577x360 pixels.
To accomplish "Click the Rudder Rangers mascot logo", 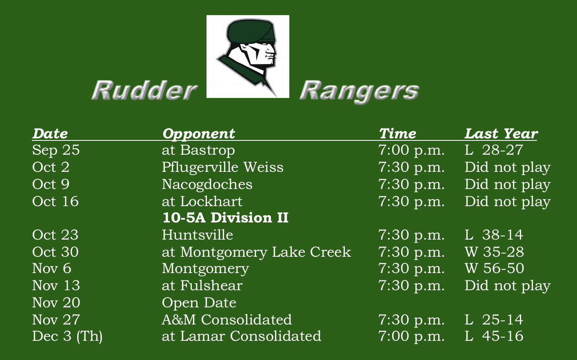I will [x=248, y=56].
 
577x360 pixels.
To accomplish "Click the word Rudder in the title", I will [x=144, y=90].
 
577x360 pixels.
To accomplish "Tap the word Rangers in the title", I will [x=359, y=91].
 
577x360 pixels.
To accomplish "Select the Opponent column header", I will [x=198, y=133].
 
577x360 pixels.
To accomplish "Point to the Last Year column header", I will [x=501, y=133].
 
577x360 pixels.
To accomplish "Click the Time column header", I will [x=397, y=133].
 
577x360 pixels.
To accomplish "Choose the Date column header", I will [x=50, y=133].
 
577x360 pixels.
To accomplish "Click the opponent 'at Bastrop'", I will [x=198, y=150].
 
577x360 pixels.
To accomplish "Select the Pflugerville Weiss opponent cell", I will [x=222, y=167].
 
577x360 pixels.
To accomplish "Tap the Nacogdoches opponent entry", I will [x=207, y=184].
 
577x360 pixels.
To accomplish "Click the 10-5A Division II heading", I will [x=225, y=218].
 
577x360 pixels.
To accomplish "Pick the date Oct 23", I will [x=55, y=235].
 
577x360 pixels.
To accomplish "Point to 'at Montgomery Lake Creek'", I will [x=256, y=252].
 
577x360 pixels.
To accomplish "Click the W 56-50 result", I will [x=494, y=269].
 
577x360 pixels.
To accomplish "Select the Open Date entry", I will [x=199, y=303].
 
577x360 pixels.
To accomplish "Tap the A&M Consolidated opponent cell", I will [x=227, y=320].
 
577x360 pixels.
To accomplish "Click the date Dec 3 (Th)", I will [x=67, y=336].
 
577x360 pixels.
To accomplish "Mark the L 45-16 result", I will [x=494, y=336].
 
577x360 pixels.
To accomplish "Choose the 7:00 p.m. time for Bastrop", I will [x=411, y=150].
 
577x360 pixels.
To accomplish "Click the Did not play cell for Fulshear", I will [x=507, y=286].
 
